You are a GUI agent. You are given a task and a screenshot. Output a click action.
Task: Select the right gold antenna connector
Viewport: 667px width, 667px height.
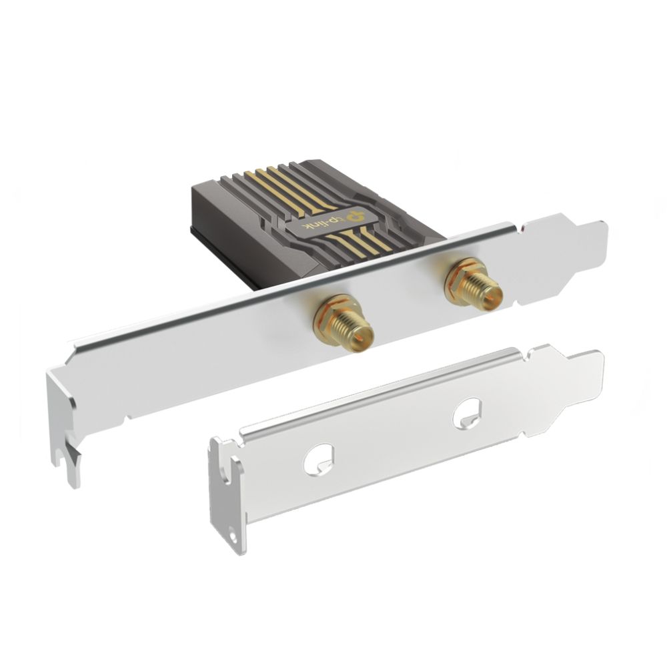[x=473, y=285]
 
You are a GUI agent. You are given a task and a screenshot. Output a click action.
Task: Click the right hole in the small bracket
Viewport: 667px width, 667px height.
[x=467, y=412]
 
